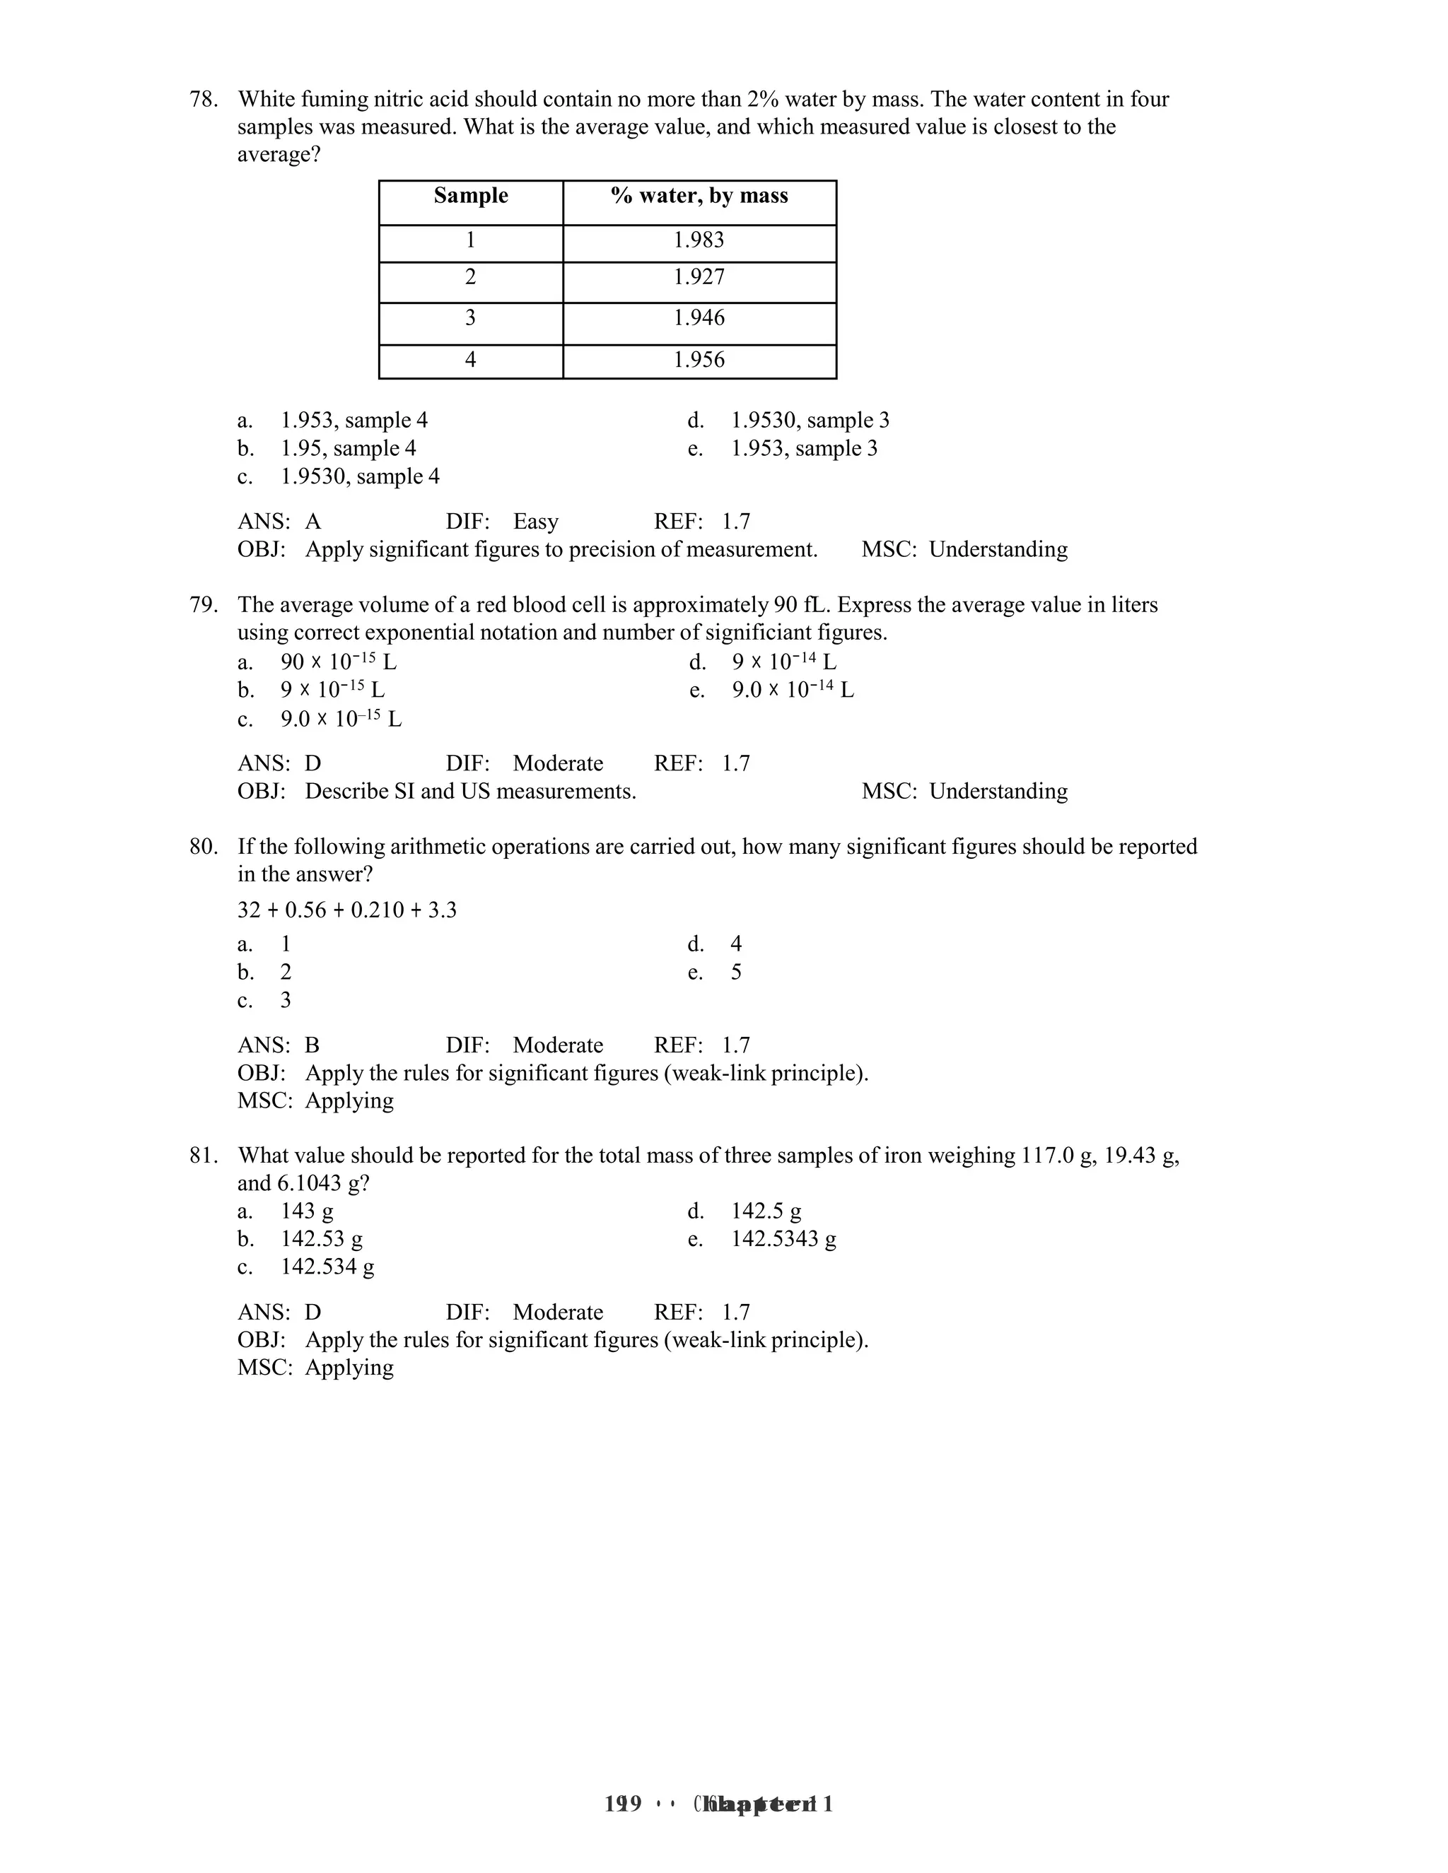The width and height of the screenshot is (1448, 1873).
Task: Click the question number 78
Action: tap(204, 100)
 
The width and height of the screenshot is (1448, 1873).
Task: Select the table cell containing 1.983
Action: tap(699, 240)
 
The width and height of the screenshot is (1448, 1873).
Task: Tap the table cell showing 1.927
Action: tap(699, 277)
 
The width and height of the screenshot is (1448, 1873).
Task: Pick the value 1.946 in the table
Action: tap(699, 318)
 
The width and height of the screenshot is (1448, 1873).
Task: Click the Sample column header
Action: tap(470, 196)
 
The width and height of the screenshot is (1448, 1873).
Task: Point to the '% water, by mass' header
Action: tap(699, 196)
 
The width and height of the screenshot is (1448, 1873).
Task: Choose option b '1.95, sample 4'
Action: tap(349, 449)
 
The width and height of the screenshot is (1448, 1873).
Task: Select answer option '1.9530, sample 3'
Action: tap(809, 421)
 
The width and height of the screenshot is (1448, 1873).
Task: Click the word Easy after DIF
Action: tap(535, 522)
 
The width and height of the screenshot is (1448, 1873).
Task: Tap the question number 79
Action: tap(204, 606)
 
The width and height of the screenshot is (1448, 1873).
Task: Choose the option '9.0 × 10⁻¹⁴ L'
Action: tap(792, 691)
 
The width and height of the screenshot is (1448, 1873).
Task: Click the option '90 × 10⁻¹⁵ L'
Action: tap(338, 662)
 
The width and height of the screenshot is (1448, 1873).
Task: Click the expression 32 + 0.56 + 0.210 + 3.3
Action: tap(346, 910)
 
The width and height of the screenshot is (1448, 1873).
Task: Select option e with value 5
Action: tap(735, 973)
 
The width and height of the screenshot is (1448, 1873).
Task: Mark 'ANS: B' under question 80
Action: tap(278, 1045)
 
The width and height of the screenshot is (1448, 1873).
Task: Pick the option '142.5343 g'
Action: tap(783, 1239)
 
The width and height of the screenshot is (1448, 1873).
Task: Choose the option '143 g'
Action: tap(307, 1211)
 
